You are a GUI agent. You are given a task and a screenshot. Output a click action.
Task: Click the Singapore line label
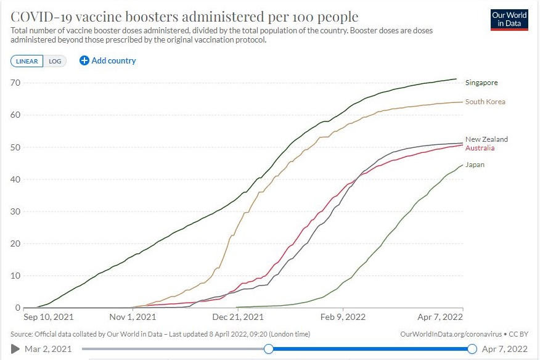(481, 83)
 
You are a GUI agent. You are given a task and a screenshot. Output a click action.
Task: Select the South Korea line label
(485, 102)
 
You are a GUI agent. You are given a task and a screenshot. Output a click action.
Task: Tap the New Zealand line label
(486, 139)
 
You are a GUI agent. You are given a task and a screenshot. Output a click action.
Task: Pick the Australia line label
(480, 148)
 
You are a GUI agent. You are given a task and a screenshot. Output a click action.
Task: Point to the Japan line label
(475, 165)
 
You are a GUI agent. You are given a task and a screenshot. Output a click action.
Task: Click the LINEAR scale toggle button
(27, 61)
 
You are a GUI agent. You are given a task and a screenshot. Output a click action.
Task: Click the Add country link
(108, 60)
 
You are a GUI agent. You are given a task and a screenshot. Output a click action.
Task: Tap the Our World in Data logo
(509, 19)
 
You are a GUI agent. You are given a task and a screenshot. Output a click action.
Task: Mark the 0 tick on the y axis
(17, 308)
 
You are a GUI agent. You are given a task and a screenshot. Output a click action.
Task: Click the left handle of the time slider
(268, 349)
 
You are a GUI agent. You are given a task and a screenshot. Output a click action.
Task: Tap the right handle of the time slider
(472, 349)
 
